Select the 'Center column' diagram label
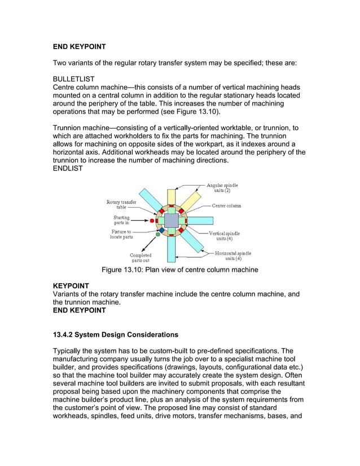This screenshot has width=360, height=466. pyautogui.click(x=226, y=205)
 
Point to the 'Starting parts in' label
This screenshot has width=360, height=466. pyautogui.click(x=121, y=220)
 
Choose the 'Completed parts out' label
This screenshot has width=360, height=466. pyautogui.click(x=141, y=258)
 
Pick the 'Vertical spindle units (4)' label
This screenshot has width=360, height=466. pyautogui.click(x=225, y=236)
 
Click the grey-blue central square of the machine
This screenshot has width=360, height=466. pyautogui.click(x=172, y=220)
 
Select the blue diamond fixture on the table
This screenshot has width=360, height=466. pyautogui.click(x=162, y=230)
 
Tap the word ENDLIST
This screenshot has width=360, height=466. pyautogui.click(x=67, y=168)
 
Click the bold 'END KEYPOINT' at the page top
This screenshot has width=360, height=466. pyautogui.click(x=79, y=46)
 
